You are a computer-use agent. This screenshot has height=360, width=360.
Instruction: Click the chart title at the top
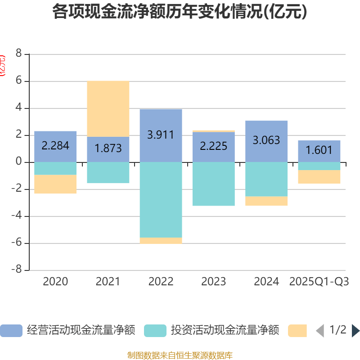click(x=180, y=12)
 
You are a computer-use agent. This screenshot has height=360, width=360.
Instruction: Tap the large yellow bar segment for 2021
click(x=108, y=108)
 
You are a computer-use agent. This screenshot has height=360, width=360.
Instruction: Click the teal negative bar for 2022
click(x=161, y=199)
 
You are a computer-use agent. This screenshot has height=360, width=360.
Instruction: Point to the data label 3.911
click(x=161, y=135)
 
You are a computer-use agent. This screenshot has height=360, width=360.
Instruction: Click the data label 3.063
click(x=266, y=140)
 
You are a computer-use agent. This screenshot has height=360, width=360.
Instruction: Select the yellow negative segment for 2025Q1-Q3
click(x=319, y=177)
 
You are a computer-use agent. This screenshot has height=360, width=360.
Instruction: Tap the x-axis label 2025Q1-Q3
click(x=319, y=282)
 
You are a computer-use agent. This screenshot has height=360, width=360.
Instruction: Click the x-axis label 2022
click(x=161, y=282)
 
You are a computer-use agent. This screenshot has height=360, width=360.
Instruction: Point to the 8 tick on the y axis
click(x=18, y=54)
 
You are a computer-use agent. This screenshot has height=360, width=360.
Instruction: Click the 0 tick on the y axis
click(x=18, y=162)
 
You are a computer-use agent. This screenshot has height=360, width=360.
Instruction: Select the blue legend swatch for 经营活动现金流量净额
click(x=11, y=331)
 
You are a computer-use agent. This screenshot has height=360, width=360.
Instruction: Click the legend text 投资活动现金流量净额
click(x=225, y=331)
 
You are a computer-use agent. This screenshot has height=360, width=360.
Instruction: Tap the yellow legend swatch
click(x=297, y=331)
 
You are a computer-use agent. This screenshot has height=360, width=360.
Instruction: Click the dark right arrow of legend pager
click(x=355, y=331)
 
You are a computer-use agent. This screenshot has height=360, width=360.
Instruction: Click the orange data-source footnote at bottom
click(x=180, y=355)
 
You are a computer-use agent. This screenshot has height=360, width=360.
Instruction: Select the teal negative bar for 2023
click(x=214, y=184)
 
